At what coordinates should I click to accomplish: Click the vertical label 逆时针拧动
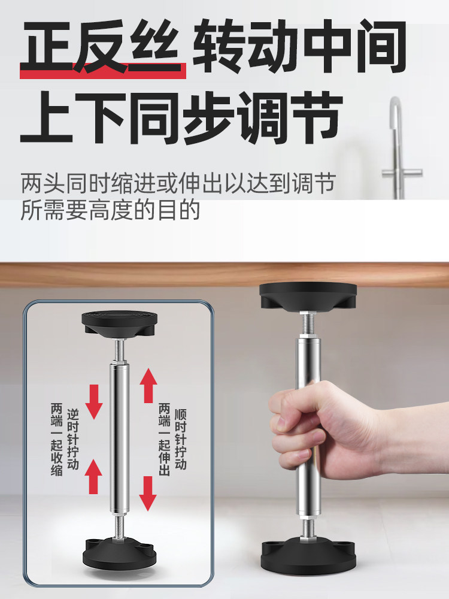(72, 439)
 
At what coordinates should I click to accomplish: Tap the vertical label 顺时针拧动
(181, 439)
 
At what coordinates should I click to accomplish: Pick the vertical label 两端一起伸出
(164, 439)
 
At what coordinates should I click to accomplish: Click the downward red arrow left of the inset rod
(94, 402)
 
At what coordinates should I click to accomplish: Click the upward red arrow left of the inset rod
(93, 476)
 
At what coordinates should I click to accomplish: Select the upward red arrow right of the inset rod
(148, 385)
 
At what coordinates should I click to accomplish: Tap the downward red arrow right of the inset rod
(148, 494)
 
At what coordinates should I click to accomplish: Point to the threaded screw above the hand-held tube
(308, 323)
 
